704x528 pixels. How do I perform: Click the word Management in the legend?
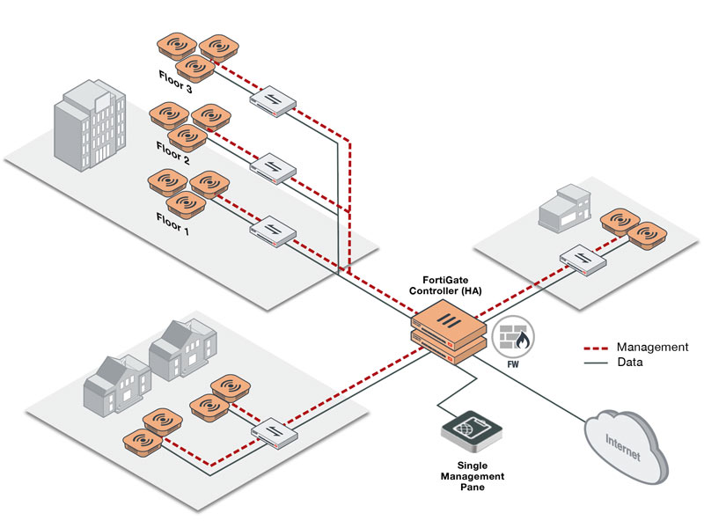tap(652, 348)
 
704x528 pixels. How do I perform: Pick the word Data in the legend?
tap(629, 362)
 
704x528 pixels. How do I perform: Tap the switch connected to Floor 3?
tap(272, 99)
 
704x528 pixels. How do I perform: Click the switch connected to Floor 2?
tap(272, 165)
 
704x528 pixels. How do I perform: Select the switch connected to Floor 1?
tap(272, 231)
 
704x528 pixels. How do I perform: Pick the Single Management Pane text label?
tap(473, 475)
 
